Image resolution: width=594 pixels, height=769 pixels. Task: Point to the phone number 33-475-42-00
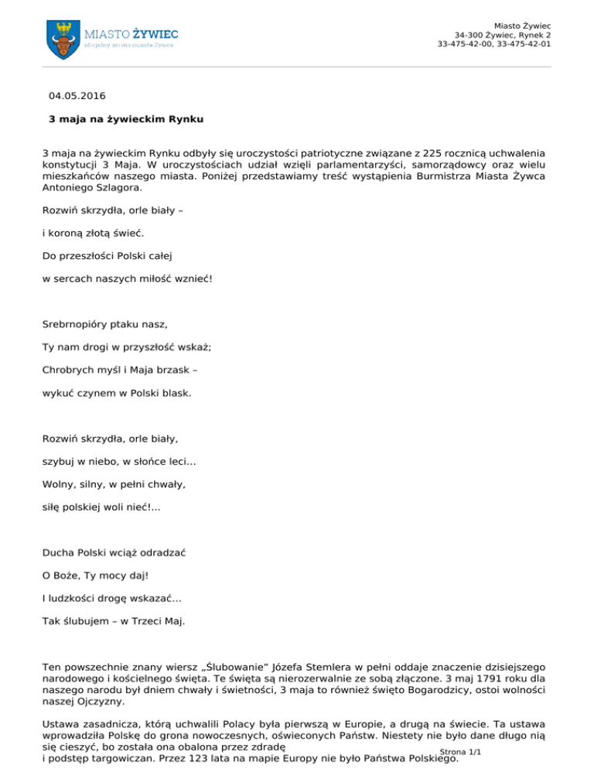point(465,44)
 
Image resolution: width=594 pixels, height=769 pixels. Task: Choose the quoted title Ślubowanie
point(251,667)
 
